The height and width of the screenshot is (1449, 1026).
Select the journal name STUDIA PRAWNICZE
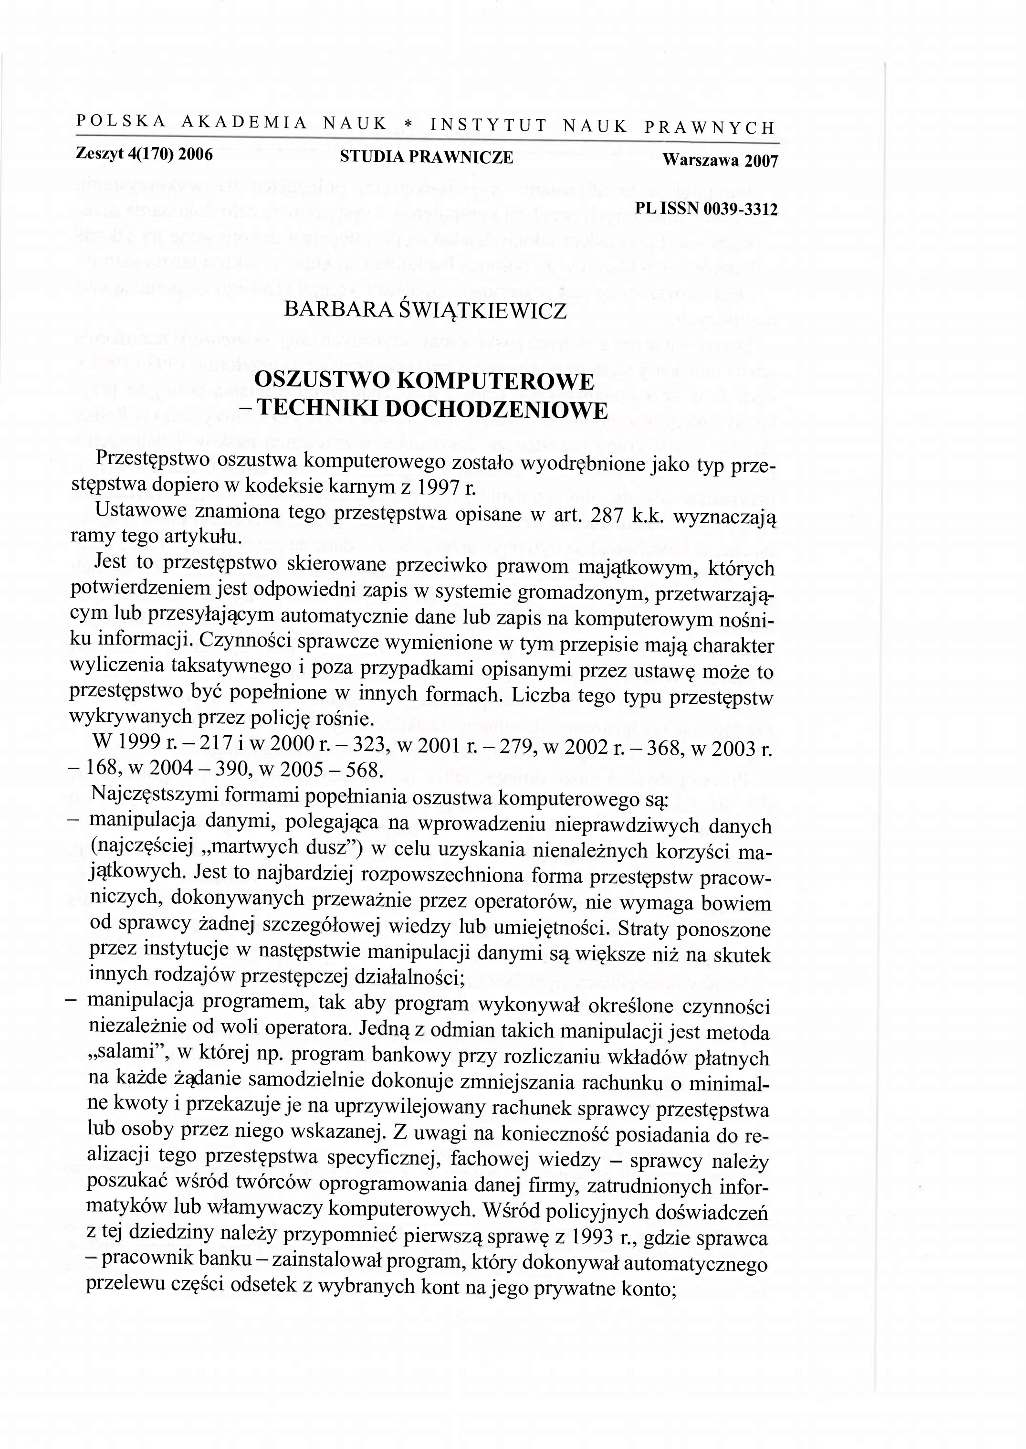pyautogui.click(x=427, y=158)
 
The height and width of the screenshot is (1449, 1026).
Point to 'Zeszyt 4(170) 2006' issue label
pyautogui.click(x=144, y=154)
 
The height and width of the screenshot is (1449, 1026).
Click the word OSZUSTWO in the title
pyautogui.click(x=324, y=381)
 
